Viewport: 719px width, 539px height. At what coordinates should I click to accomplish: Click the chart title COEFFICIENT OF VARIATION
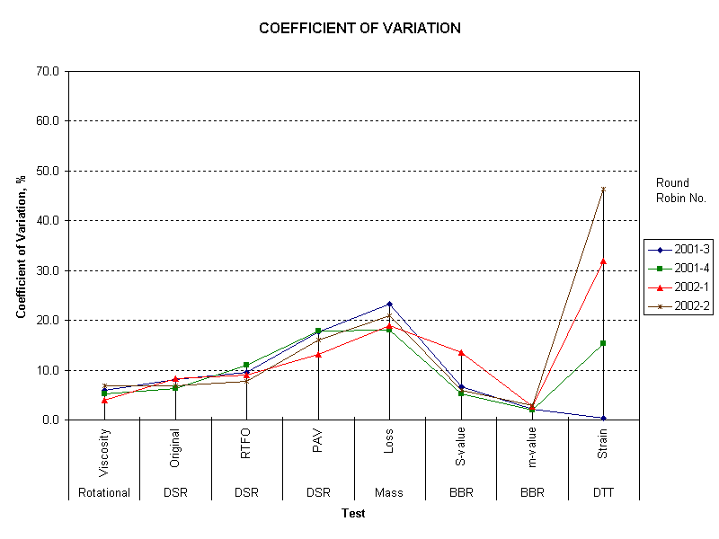tap(359, 28)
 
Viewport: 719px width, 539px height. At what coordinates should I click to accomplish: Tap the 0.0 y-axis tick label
tap(49, 420)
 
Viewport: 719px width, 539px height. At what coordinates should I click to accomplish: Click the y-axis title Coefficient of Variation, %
tap(21, 245)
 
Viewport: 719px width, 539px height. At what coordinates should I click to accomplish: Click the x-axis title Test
tap(353, 513)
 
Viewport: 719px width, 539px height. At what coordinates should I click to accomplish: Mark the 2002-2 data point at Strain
tap(603, 189)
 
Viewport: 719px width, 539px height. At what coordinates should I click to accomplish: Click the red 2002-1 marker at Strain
tap(603, 261)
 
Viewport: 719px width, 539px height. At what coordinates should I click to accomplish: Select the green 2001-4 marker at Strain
tap(603, 343)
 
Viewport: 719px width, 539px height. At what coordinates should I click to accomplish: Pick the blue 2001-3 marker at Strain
tap(603, 418)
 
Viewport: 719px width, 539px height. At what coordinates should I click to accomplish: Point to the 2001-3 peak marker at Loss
tap(389, 304)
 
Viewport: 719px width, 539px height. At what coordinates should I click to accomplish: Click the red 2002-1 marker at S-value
tap(461, 352)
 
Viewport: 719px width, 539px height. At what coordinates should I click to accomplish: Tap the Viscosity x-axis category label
tap(104, 447)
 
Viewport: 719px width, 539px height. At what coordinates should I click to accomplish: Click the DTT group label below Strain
tap(603, 492)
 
